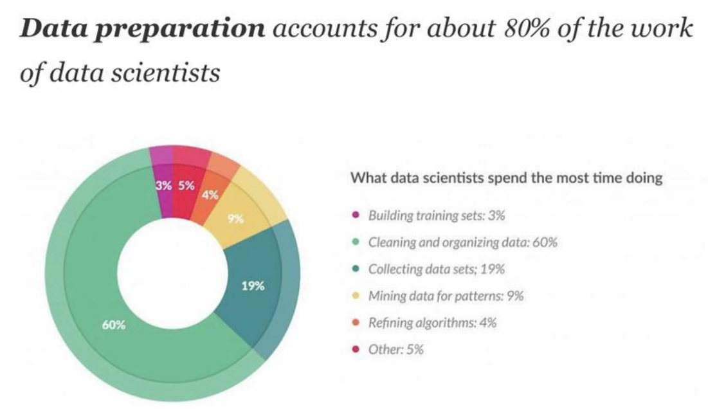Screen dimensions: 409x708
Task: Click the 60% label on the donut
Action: pos(114,325)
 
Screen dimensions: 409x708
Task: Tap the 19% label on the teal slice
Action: pos(253,286)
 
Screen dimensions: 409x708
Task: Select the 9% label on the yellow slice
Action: pos(235,219)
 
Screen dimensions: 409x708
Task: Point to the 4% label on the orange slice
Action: pos(210,195)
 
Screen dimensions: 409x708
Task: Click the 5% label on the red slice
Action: pos(186,186)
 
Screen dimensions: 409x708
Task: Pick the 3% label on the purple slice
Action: pos(164,186)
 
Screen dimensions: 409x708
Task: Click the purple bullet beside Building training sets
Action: pos(356,215)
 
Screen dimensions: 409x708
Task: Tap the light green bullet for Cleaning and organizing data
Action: pos(356,242)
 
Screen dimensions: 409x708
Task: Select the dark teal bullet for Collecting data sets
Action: pos(356,269)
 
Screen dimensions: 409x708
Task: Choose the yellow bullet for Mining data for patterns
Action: pos(356,296)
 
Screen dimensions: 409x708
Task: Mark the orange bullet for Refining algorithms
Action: pos(356,323)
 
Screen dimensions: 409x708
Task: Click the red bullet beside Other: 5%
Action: pos(356,350)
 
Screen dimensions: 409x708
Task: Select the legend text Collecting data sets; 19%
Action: pos(435,269)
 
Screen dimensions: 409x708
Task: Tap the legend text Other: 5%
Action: pos(395,350)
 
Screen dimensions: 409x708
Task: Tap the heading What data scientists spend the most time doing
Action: pos(505,178)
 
